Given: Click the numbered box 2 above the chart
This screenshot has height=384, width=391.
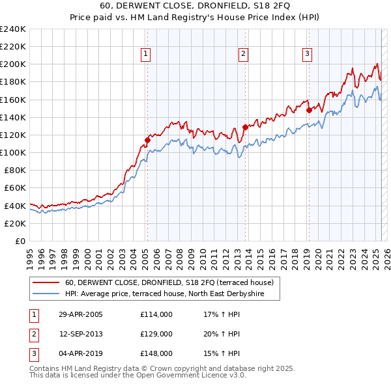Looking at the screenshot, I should point(243,54).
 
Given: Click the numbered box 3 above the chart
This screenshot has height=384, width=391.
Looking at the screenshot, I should point(307,54).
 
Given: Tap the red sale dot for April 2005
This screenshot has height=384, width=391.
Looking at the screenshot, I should point(148,140).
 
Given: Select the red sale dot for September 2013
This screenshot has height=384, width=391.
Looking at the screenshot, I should point(246,127).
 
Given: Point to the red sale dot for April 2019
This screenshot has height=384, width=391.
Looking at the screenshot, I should point(310,110).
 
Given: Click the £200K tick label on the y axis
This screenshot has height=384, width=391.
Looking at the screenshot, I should point(12,64).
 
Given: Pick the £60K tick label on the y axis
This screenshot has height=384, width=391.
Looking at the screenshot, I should point(15,188).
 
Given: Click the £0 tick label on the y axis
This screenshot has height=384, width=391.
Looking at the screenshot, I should point(20,241).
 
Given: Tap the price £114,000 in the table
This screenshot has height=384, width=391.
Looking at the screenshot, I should point(156,314).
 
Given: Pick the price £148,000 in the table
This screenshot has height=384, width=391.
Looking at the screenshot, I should point(156,353).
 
